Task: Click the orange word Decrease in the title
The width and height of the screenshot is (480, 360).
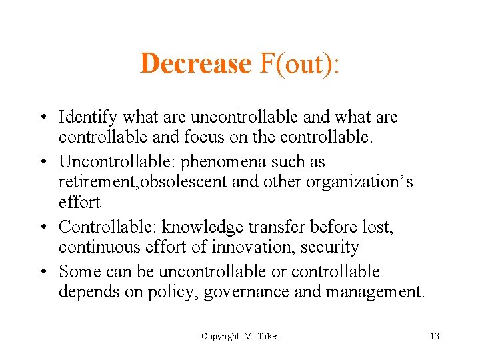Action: [x=195, y=64]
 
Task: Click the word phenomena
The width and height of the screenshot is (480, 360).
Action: [x=235, y=162]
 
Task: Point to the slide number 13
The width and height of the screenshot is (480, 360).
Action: [x=434, y=337]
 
